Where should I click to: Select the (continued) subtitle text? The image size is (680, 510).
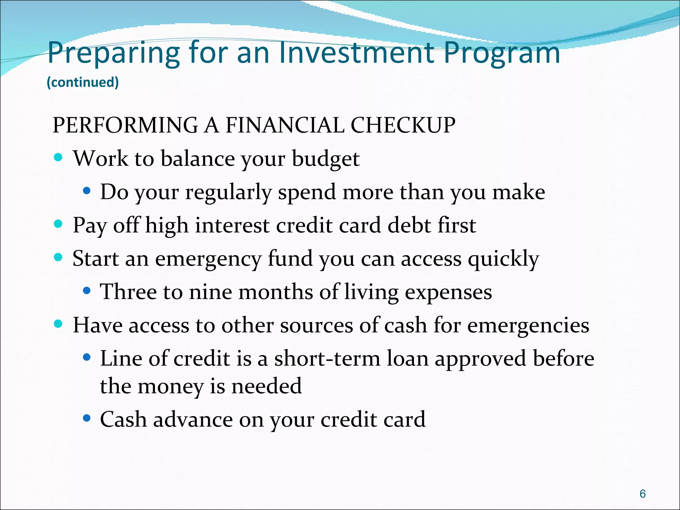click(x=83, y=82)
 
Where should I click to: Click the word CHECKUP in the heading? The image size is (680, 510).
click(x=403, y=126)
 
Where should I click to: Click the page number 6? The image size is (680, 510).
click(x=642, y=494)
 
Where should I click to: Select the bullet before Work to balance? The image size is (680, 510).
click(x=58, y=157)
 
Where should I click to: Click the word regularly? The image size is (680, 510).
click(x=228, y=193)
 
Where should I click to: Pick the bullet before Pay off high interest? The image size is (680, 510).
click(x=58, y=224)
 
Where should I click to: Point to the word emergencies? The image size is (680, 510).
click(x=528, y=325)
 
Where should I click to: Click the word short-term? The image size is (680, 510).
click(x=327, y=359)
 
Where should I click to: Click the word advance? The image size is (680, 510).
click(x=193, y=420)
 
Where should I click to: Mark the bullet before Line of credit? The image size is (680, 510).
click(x=87, y=357)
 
